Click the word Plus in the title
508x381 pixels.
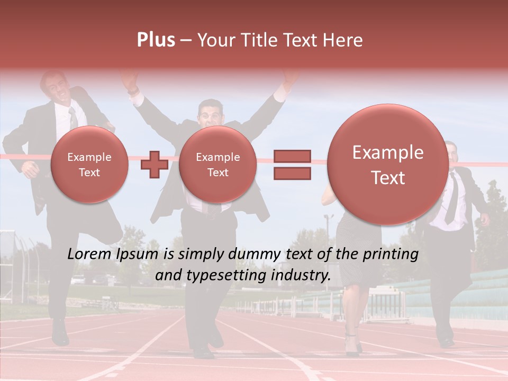156,40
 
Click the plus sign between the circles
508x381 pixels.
154,164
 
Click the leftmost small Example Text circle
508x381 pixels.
89,165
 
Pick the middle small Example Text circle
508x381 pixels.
217,165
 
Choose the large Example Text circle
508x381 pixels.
388,165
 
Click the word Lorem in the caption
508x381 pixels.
89,255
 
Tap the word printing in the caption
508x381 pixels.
391,255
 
